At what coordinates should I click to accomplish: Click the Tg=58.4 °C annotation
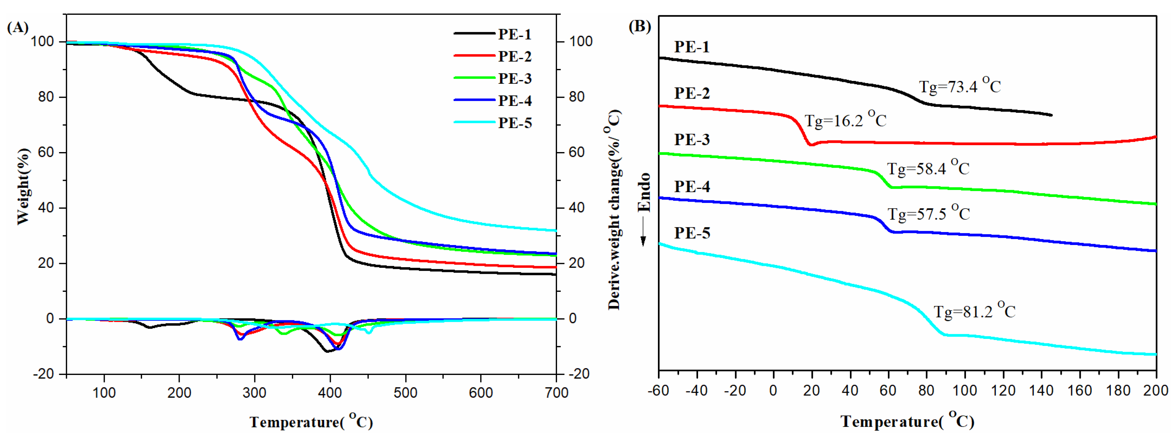point(928,169)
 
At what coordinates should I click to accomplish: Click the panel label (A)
point(18,28)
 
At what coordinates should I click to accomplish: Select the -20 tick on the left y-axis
point(43,374)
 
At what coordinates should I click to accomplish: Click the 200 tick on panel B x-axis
point(1156,391)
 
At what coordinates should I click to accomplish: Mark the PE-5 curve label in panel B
point(692,233)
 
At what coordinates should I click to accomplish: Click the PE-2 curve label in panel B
point(692,93)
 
